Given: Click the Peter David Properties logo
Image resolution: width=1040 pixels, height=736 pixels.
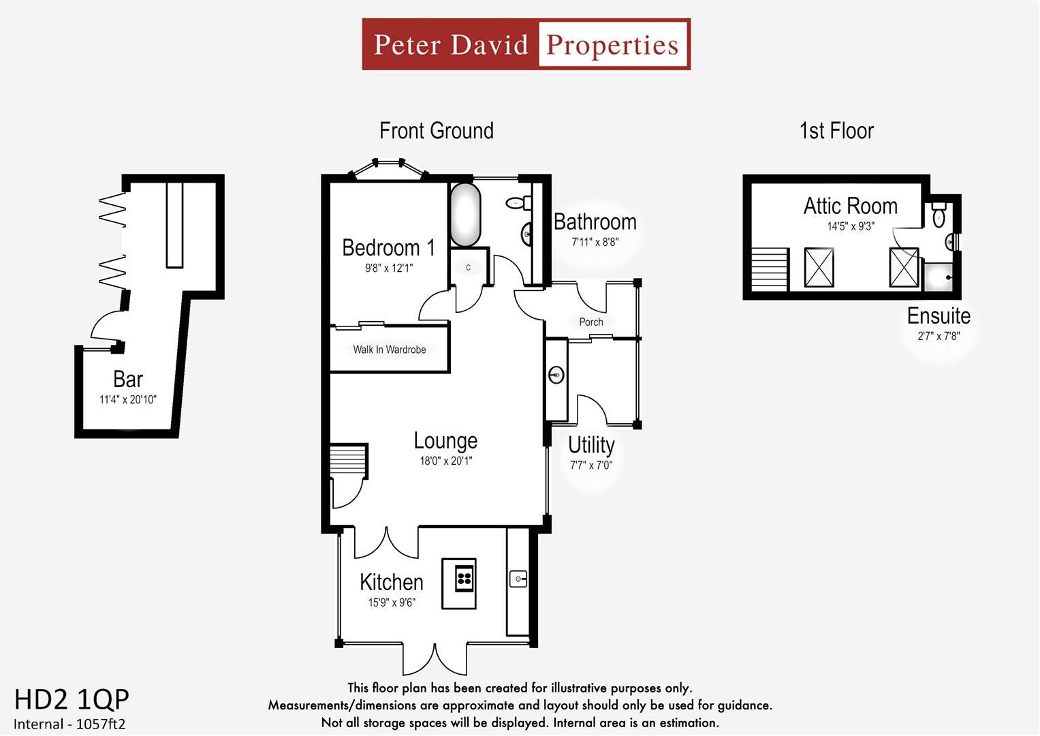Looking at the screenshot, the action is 526,44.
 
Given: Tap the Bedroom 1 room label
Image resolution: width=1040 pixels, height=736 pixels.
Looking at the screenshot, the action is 388,247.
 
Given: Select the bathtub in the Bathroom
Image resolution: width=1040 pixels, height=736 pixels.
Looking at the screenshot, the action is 465,215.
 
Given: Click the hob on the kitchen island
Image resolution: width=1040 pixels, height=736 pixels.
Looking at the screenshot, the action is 464,579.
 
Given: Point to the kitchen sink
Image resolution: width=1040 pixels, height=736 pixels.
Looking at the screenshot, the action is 518,579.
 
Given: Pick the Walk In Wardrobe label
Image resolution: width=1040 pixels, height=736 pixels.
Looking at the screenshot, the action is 389,350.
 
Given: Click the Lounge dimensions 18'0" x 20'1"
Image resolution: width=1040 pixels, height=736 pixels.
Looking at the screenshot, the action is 445,461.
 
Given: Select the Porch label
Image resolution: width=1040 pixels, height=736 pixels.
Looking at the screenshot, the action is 590,322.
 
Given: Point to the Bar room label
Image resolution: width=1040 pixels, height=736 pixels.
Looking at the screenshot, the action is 128,379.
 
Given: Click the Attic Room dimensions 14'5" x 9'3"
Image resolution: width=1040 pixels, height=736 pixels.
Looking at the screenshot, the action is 850,226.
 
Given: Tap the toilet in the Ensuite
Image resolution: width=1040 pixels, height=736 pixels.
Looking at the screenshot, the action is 939,215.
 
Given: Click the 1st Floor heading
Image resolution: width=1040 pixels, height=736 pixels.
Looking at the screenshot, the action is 836,130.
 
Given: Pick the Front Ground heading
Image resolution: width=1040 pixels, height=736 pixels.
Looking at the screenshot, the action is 436,130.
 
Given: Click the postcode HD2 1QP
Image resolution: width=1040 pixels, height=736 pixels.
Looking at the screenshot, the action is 72,699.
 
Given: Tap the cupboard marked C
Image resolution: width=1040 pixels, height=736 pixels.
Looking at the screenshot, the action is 469,268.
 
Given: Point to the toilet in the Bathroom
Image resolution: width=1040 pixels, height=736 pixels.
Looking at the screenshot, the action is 518,202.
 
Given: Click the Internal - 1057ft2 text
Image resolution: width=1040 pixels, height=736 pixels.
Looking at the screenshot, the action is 70,724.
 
